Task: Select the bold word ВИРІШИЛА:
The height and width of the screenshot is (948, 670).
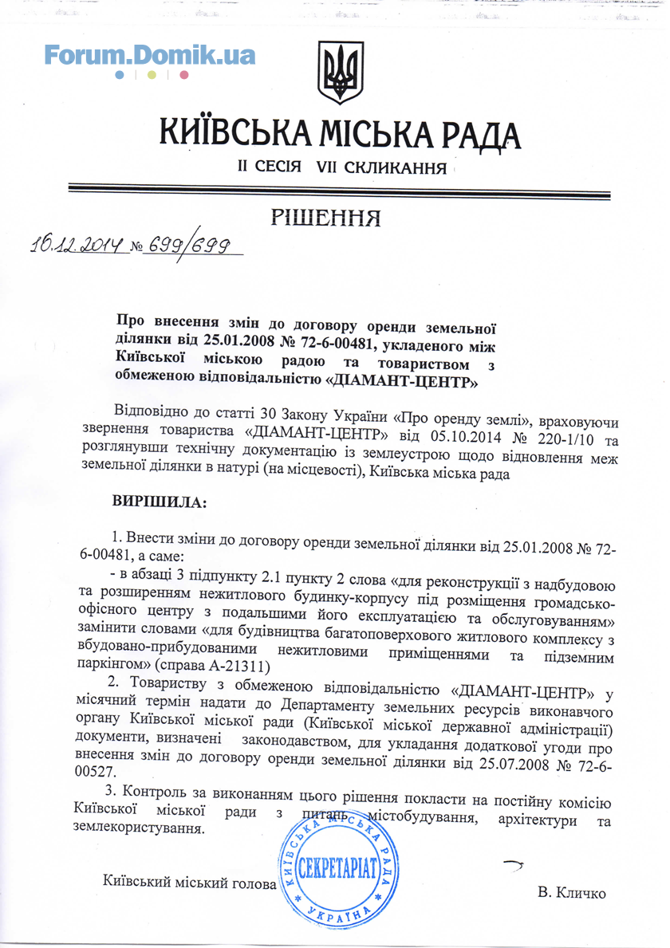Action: pos(160,503)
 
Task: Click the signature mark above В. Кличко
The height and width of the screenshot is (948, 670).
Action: pos(513,863)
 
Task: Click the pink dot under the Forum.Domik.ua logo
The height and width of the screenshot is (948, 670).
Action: pos(183,75)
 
